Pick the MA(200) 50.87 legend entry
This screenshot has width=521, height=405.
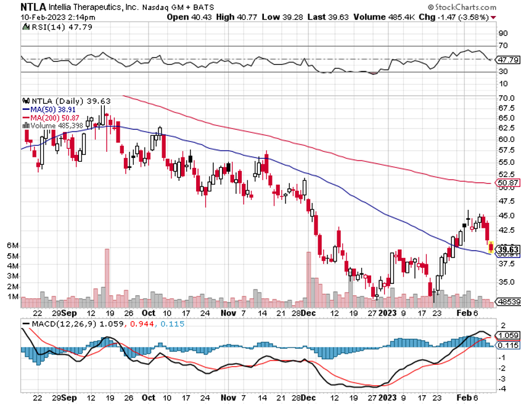[x=50, y=117]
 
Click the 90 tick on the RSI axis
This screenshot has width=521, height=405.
[x=503, y=33]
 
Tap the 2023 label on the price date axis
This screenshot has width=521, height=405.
[x=388, y=313]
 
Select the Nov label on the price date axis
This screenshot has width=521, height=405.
[x=228, y=313]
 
